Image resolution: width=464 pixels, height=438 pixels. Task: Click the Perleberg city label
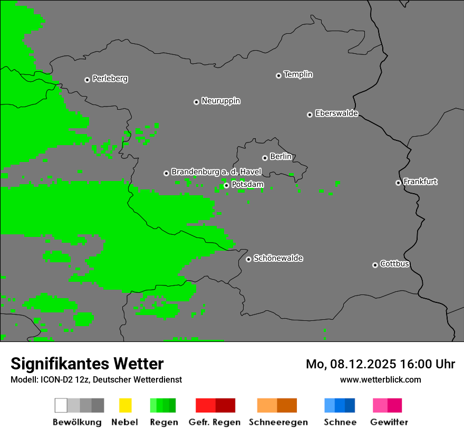coord(110,79)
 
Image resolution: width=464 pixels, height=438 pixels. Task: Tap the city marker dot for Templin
coord(278,75)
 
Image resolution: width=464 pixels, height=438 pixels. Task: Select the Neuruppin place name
coord(220,101)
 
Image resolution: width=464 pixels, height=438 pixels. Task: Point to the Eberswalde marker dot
coord(310,115)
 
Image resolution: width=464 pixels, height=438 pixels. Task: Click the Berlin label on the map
coord(281,157)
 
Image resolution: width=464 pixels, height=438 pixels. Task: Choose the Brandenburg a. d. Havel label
coord(216,172)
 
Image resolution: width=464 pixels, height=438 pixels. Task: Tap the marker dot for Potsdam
coord(226,185)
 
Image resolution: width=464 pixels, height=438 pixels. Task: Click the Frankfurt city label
coord(420,182)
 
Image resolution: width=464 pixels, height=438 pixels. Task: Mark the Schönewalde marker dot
coord(248,259)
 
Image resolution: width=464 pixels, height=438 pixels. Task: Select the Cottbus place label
coord(394,264)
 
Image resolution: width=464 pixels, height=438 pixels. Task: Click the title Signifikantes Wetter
coord(87,364)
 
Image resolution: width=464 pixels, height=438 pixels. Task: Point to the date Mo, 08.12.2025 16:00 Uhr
coord(380,364)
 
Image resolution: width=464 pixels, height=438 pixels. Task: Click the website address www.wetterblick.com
coord(380,379)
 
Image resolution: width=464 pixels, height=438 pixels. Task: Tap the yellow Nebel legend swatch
coord(125,405)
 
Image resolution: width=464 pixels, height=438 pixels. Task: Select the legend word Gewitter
coord(389,422)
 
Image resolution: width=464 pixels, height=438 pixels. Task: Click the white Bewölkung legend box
coord(61,405)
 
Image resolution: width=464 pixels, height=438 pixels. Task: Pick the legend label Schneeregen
coord(278,422)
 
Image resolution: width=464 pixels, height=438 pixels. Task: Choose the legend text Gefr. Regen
coord(214,422)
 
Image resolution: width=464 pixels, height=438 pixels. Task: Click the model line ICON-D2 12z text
coord(96,379)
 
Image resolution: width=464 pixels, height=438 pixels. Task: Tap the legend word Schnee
coord(340,422)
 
